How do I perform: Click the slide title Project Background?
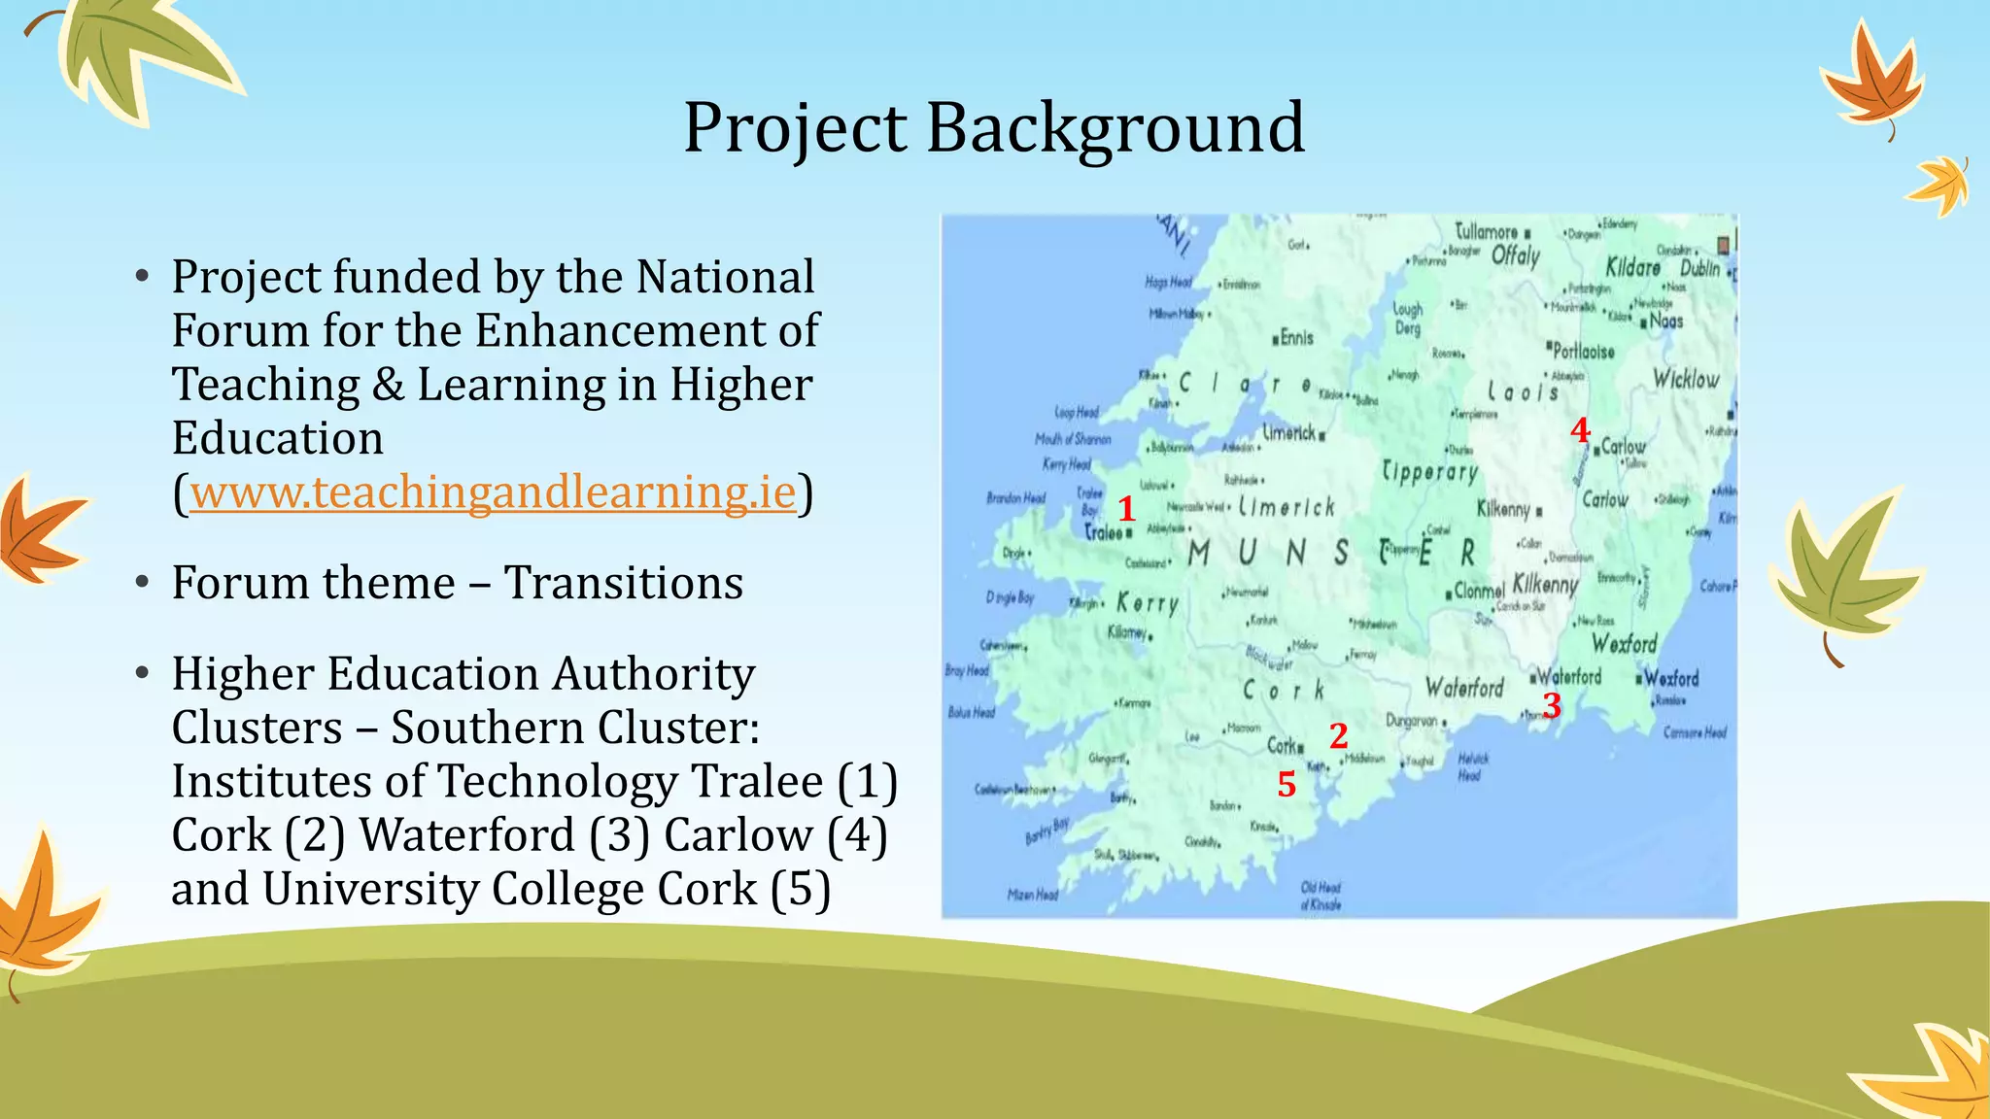tap(994, 127)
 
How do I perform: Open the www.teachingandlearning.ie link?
tap(493, 492)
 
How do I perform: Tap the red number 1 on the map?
tap(1126, 508)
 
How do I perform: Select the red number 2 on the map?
tap(1339, 736)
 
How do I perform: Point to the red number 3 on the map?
tap(1552, 705)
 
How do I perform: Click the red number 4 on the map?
tap(1580, 429)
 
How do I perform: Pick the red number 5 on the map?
tap(1287, 784)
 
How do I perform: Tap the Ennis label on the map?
tap(1296, 338)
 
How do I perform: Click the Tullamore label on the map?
tap(1486, 231)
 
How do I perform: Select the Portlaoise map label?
tap(1584, 351)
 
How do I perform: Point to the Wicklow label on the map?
tap(1686, 379)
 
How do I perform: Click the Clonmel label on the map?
tap(1479, 591)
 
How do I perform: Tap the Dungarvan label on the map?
tap(1412, 721)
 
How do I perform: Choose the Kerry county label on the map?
tap(1148, 603)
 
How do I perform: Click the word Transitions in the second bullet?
tap(623, 583)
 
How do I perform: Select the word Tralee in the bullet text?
tap(757, 782)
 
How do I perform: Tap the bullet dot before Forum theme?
tap(143, 583)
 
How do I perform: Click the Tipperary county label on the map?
tap(1430, 472)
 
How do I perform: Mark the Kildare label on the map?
tap(1632, 267)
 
